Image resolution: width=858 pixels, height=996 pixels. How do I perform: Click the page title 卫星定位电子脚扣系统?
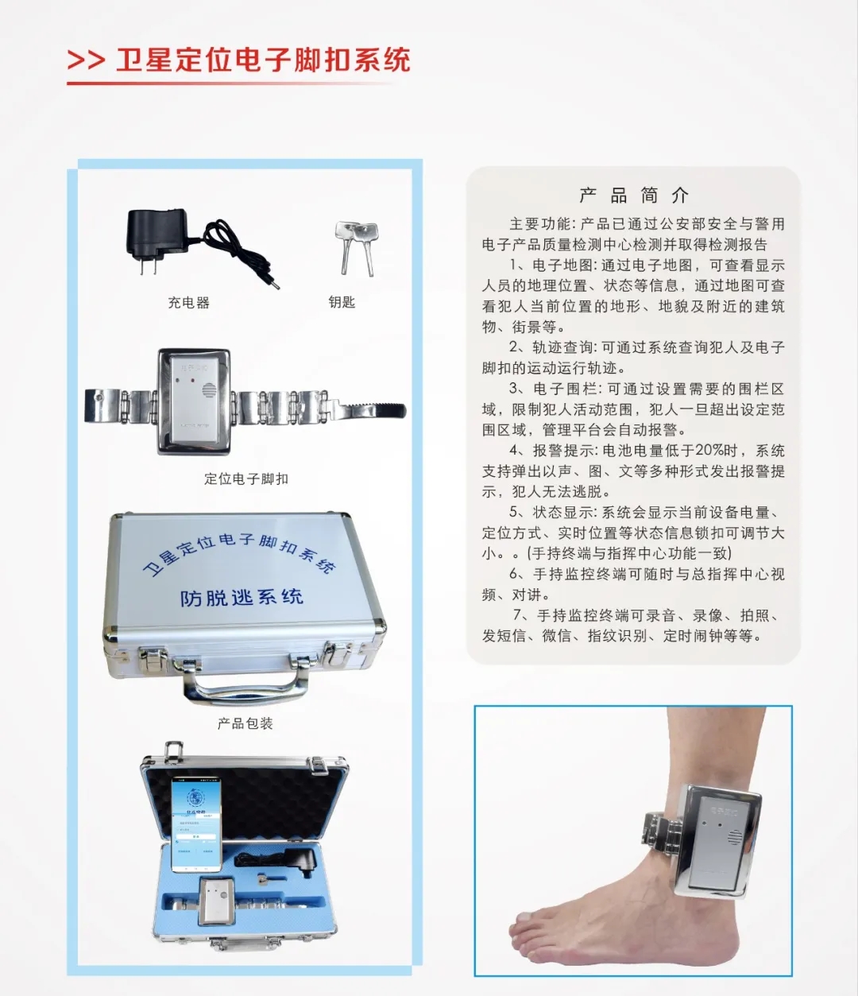coord(263,60)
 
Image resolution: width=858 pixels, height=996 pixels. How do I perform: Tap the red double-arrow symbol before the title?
coord(86,60)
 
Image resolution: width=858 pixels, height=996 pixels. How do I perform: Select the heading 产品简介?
coord(634,196)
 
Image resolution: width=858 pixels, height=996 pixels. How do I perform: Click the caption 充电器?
coord(188,303)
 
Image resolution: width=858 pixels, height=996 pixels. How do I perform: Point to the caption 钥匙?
coord(342,302)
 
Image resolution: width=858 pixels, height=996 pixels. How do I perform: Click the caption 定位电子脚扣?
coord(245,479)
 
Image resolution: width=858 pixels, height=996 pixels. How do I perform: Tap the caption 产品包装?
coord(245,723)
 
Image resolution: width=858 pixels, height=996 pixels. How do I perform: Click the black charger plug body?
coord(159,233)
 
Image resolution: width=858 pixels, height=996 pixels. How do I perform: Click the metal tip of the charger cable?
coord(275,283)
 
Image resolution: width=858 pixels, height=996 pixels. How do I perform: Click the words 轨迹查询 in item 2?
coord(562,347)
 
